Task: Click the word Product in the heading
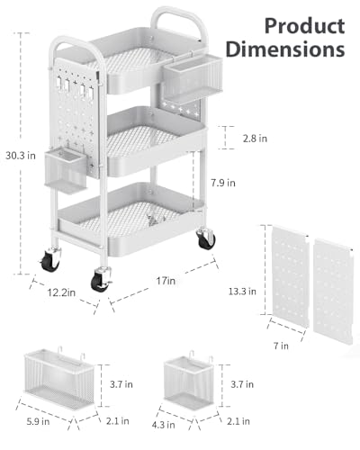[x=304, y=26]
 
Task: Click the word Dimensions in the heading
[x=285, y=49]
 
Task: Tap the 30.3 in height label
[x=21, y=156]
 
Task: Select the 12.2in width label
[x=61, y=292]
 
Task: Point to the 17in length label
[x=166, y=281]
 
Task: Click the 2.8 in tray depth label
[x=255, y=139]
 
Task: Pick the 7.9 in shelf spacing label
[x=223, y=183]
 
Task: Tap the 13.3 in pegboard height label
[x=242, y=292]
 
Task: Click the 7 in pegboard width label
[x=281, y=346]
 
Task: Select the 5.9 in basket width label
[x=38, y=421]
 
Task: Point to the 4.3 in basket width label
[x=163, y=425]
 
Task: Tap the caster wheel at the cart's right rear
[x=206, y=239]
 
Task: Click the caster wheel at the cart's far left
[x=50, y=260]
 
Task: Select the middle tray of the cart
[x=156, y=141]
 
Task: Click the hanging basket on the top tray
[x=193, y=78]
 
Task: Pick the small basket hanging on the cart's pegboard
[x=66, y=169]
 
